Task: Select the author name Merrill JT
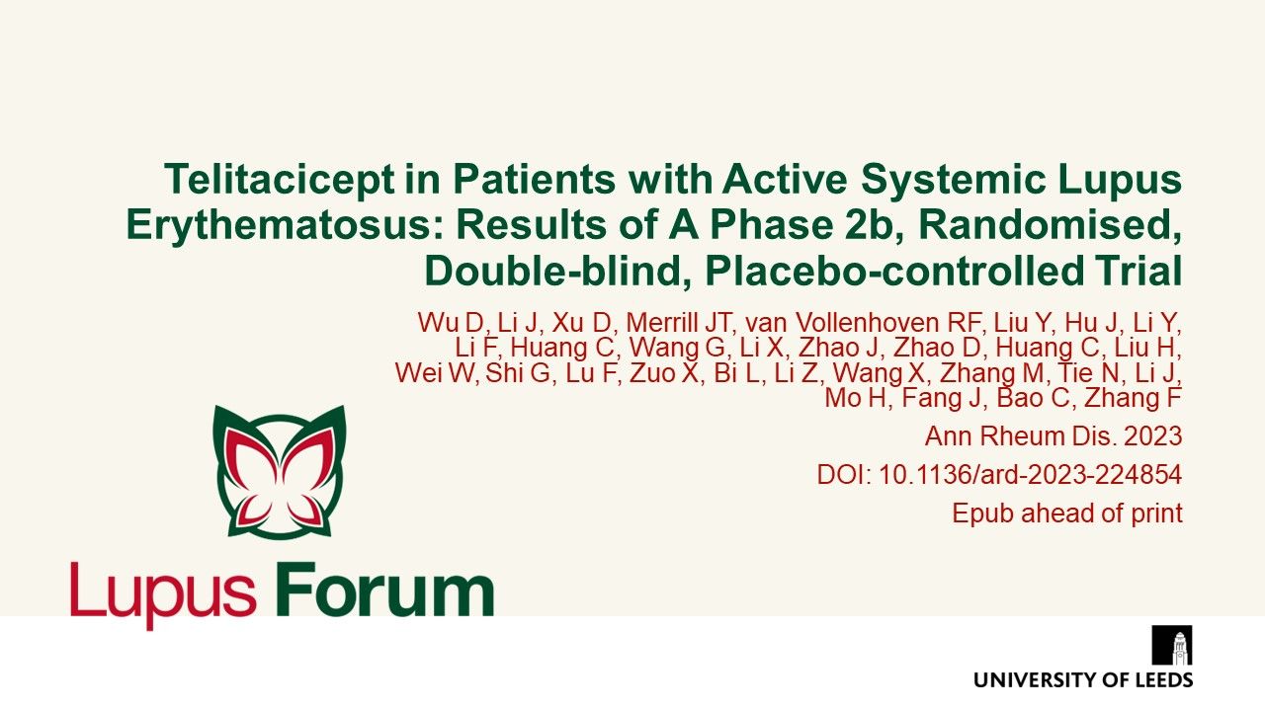click(673, 322)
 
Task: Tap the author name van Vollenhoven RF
click(861, 322)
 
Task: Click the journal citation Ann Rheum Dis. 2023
click(1053, 435)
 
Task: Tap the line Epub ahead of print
click(1067, 513)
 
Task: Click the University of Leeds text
click(1082, 679)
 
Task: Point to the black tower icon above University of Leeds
click(1172, 645)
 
